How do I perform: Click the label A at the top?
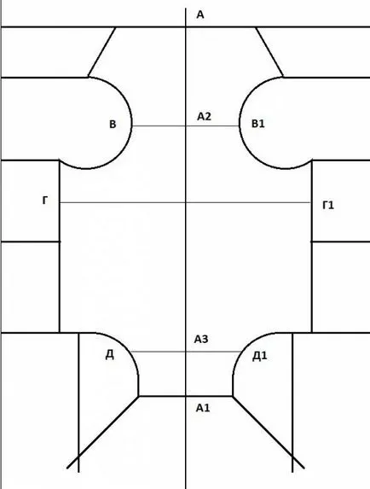[x=200, y=15]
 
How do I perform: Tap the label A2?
[x=204, y=116]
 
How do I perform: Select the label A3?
[x=201, y=339]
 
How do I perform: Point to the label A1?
[x=203, y=408]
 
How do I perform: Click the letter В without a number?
[x=113, y=124]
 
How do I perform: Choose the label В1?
[x=257, y=124]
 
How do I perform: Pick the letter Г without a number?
[x=45, y=201]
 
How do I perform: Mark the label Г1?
[x=328, y=205]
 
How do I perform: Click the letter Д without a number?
[x=110, y=354]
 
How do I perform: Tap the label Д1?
[x=259, y=356]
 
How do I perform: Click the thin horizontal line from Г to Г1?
[x=186, y=203]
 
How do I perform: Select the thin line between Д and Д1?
[x=186, y=352]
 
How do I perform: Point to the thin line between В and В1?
[x=186, y=126]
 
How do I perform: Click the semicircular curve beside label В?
[x=132, y=123]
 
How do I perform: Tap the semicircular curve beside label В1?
[x=240, y=123]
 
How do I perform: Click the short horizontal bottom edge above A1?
[x=186, y=396]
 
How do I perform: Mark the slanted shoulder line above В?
[x=101, y=52]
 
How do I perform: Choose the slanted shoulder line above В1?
[x=269, y=52]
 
